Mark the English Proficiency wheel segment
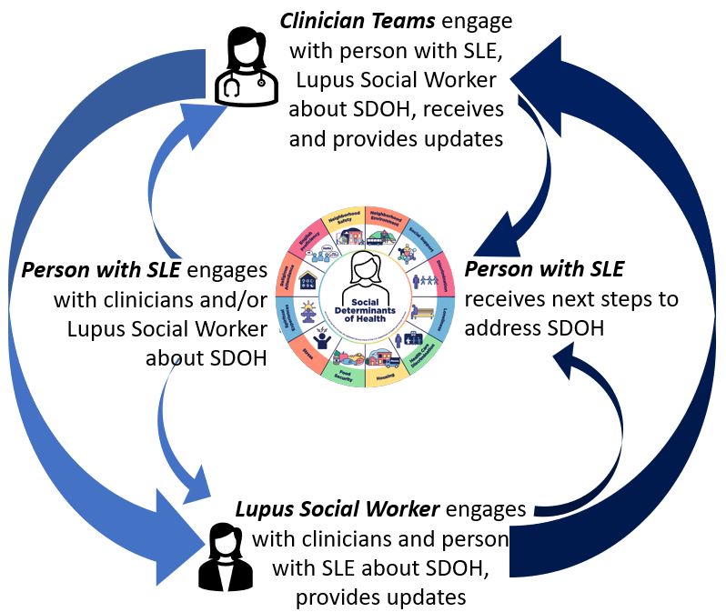coord(307,246)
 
